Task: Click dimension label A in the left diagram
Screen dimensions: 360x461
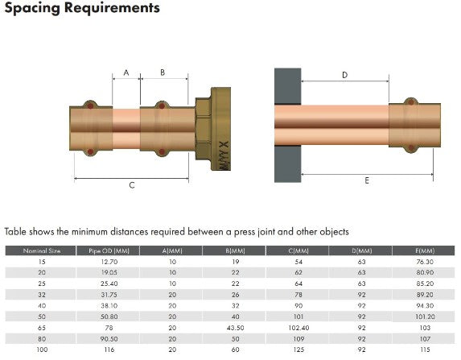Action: (x=126, y=72)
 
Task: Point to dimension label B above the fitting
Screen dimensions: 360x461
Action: (x=163, y=72)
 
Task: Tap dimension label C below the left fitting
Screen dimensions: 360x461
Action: (x=132, y=185)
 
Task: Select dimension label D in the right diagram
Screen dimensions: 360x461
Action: (x=344, y=75)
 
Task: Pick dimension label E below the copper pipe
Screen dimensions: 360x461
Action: (x=366, y=181)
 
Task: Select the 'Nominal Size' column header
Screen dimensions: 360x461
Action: (x=43, y=250)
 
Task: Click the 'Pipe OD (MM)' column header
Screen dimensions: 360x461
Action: (x=108, y=250)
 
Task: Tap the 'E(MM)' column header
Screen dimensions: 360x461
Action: (x=425, y=250)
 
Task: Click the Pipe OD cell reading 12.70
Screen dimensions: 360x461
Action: (x=108, y=262)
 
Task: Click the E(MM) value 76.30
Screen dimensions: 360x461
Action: (x=425, y=262)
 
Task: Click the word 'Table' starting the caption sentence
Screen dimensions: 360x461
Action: (x=15, y=231)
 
